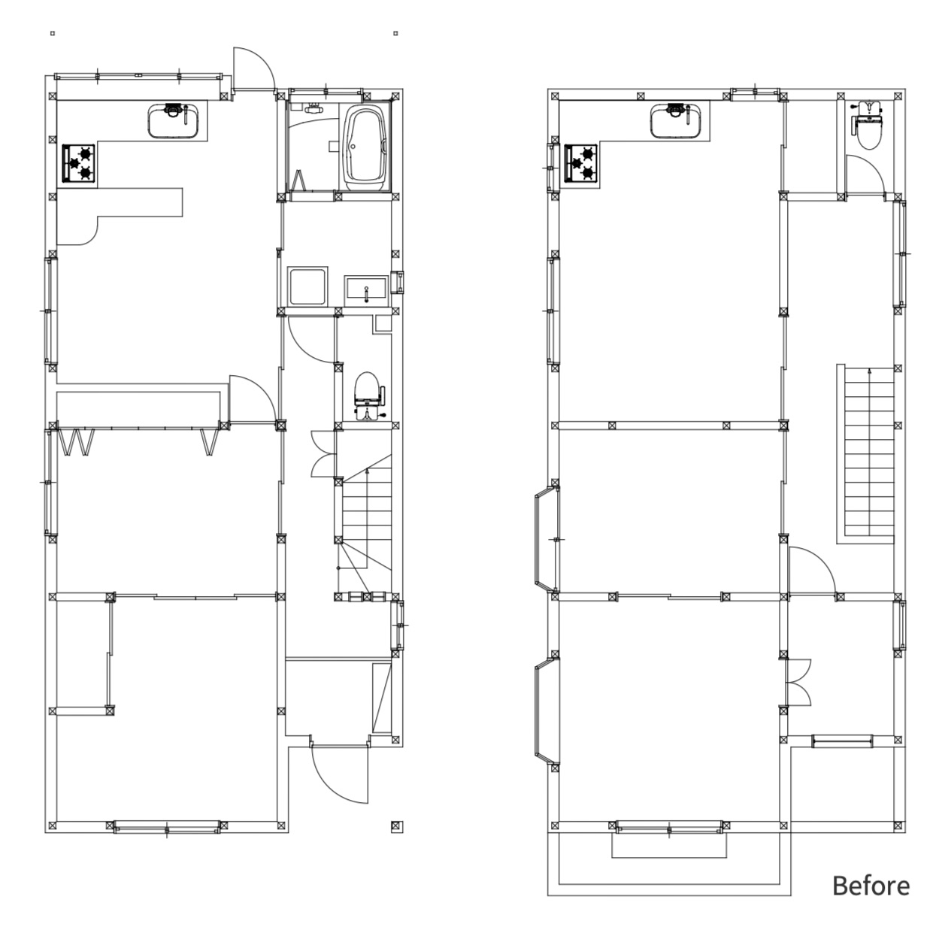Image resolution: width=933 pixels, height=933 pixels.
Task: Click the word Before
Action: coord(871,886)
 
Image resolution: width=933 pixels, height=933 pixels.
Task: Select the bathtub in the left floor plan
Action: coord(365,148)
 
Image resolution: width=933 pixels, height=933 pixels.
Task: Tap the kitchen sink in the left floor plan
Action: coord(174,120)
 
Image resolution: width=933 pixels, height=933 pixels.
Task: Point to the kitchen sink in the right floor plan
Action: coord(677,120)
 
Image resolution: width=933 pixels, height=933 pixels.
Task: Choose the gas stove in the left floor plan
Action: coord(78,163)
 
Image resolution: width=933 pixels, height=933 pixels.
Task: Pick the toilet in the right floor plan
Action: coord(868,123)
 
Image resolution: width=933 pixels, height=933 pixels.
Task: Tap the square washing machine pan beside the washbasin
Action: coord(307,286)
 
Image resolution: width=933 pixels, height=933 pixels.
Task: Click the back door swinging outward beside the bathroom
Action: coord(253,68)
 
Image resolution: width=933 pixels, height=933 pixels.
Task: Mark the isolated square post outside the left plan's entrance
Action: coord(396,826)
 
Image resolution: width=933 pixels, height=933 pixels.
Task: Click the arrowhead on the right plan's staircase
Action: coord(870,371)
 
